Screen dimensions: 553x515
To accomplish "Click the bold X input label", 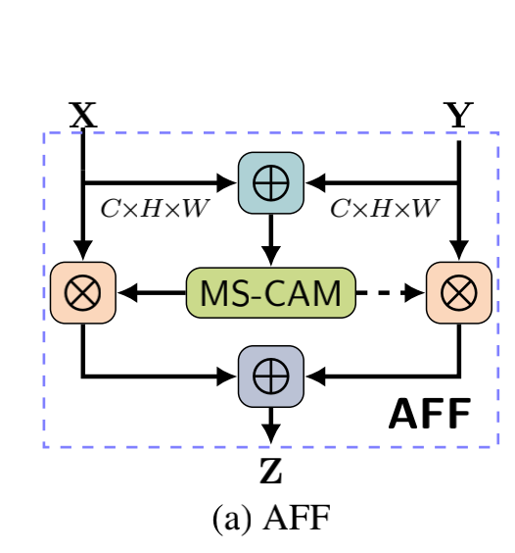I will [x=83, y=115].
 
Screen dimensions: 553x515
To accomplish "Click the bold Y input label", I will [x=458, y=116].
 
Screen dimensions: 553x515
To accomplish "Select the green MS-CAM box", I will [x=270, y=291].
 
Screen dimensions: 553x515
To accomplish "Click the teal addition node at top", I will [x=271, y=182].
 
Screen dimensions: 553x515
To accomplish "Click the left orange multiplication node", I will [x=83, y=292].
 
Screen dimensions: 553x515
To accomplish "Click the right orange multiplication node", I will [x=458, y=292].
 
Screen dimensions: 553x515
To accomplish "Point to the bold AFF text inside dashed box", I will [x=429, y=415].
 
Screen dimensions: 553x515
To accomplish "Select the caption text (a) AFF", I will [x=271, y=518].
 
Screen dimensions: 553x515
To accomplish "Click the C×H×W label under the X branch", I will [x=155, y=208].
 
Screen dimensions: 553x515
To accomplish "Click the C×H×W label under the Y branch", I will [x=384, y=208].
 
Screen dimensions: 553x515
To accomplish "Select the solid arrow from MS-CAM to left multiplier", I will [x=152, y=292].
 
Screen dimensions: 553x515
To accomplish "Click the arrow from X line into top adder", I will [x=162, y=182].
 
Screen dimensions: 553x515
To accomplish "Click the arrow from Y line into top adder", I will [x=382, y=182].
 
